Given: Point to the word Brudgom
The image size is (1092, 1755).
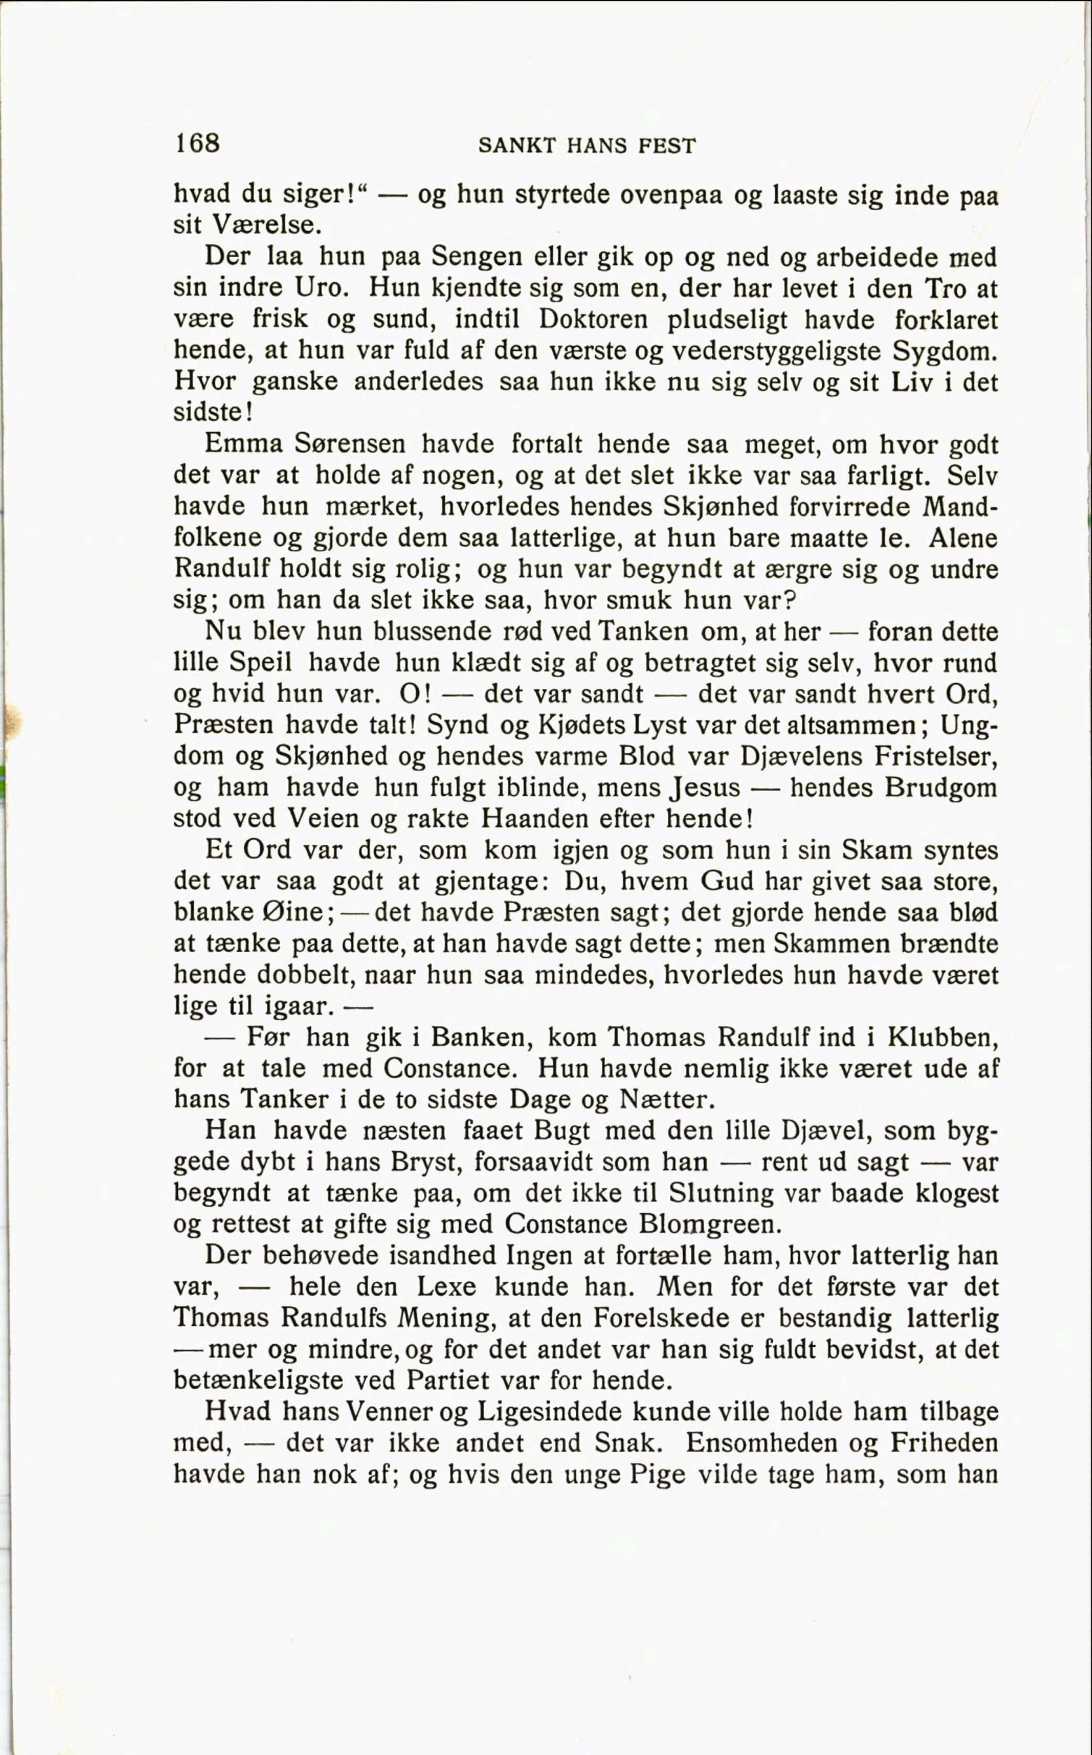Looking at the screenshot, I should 940,787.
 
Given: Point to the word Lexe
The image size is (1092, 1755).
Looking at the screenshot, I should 446,1286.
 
